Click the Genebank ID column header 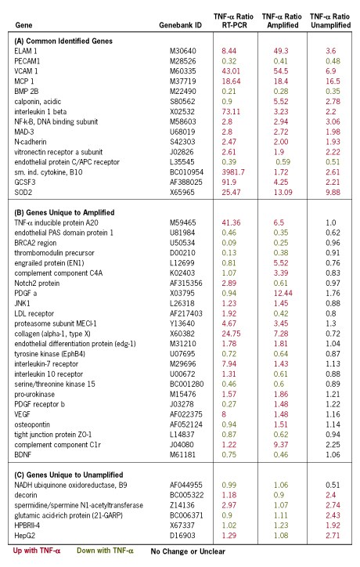(x=180, y=25)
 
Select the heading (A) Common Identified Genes (x=63, y=41)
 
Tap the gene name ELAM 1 (x=26, y=51)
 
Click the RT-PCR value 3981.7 (x=233, y=172)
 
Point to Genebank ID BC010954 (x=186, y=172)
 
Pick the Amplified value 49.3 (x=281, y=51)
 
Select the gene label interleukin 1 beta (x=41, y=112)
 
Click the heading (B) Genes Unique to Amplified (x=64, y=213)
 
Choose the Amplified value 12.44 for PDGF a (x=283, y=293)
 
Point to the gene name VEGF (x=23, y=414)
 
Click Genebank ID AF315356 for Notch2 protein (x=186, y=283)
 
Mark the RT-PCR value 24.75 (x=231, y=334)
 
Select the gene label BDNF (x=23, y=455)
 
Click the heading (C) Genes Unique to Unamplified (x=69, y=475)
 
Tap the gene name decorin (x=26, y=495)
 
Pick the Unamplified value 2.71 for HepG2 (x=333, y=536)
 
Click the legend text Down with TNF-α (x=105, y=551)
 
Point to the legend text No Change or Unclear (x=188, y=551)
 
